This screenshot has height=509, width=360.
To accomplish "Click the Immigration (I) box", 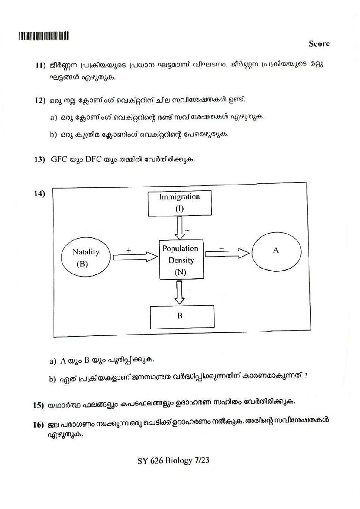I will click(179, 203).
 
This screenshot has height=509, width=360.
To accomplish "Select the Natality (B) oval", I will click(86, 257).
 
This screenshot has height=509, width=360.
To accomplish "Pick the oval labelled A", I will click(276, 252).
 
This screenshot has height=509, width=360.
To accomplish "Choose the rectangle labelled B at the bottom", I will click(182, 316).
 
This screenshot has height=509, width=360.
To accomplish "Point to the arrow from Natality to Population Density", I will click(135, 257).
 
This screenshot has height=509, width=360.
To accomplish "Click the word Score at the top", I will click(319, 44).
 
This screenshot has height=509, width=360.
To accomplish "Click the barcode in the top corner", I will click(44, 36).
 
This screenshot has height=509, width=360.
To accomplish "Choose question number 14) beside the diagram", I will click(40, 194).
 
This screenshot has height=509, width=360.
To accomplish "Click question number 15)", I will click(39, 405).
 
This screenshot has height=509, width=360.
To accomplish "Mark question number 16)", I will click(39, 425).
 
